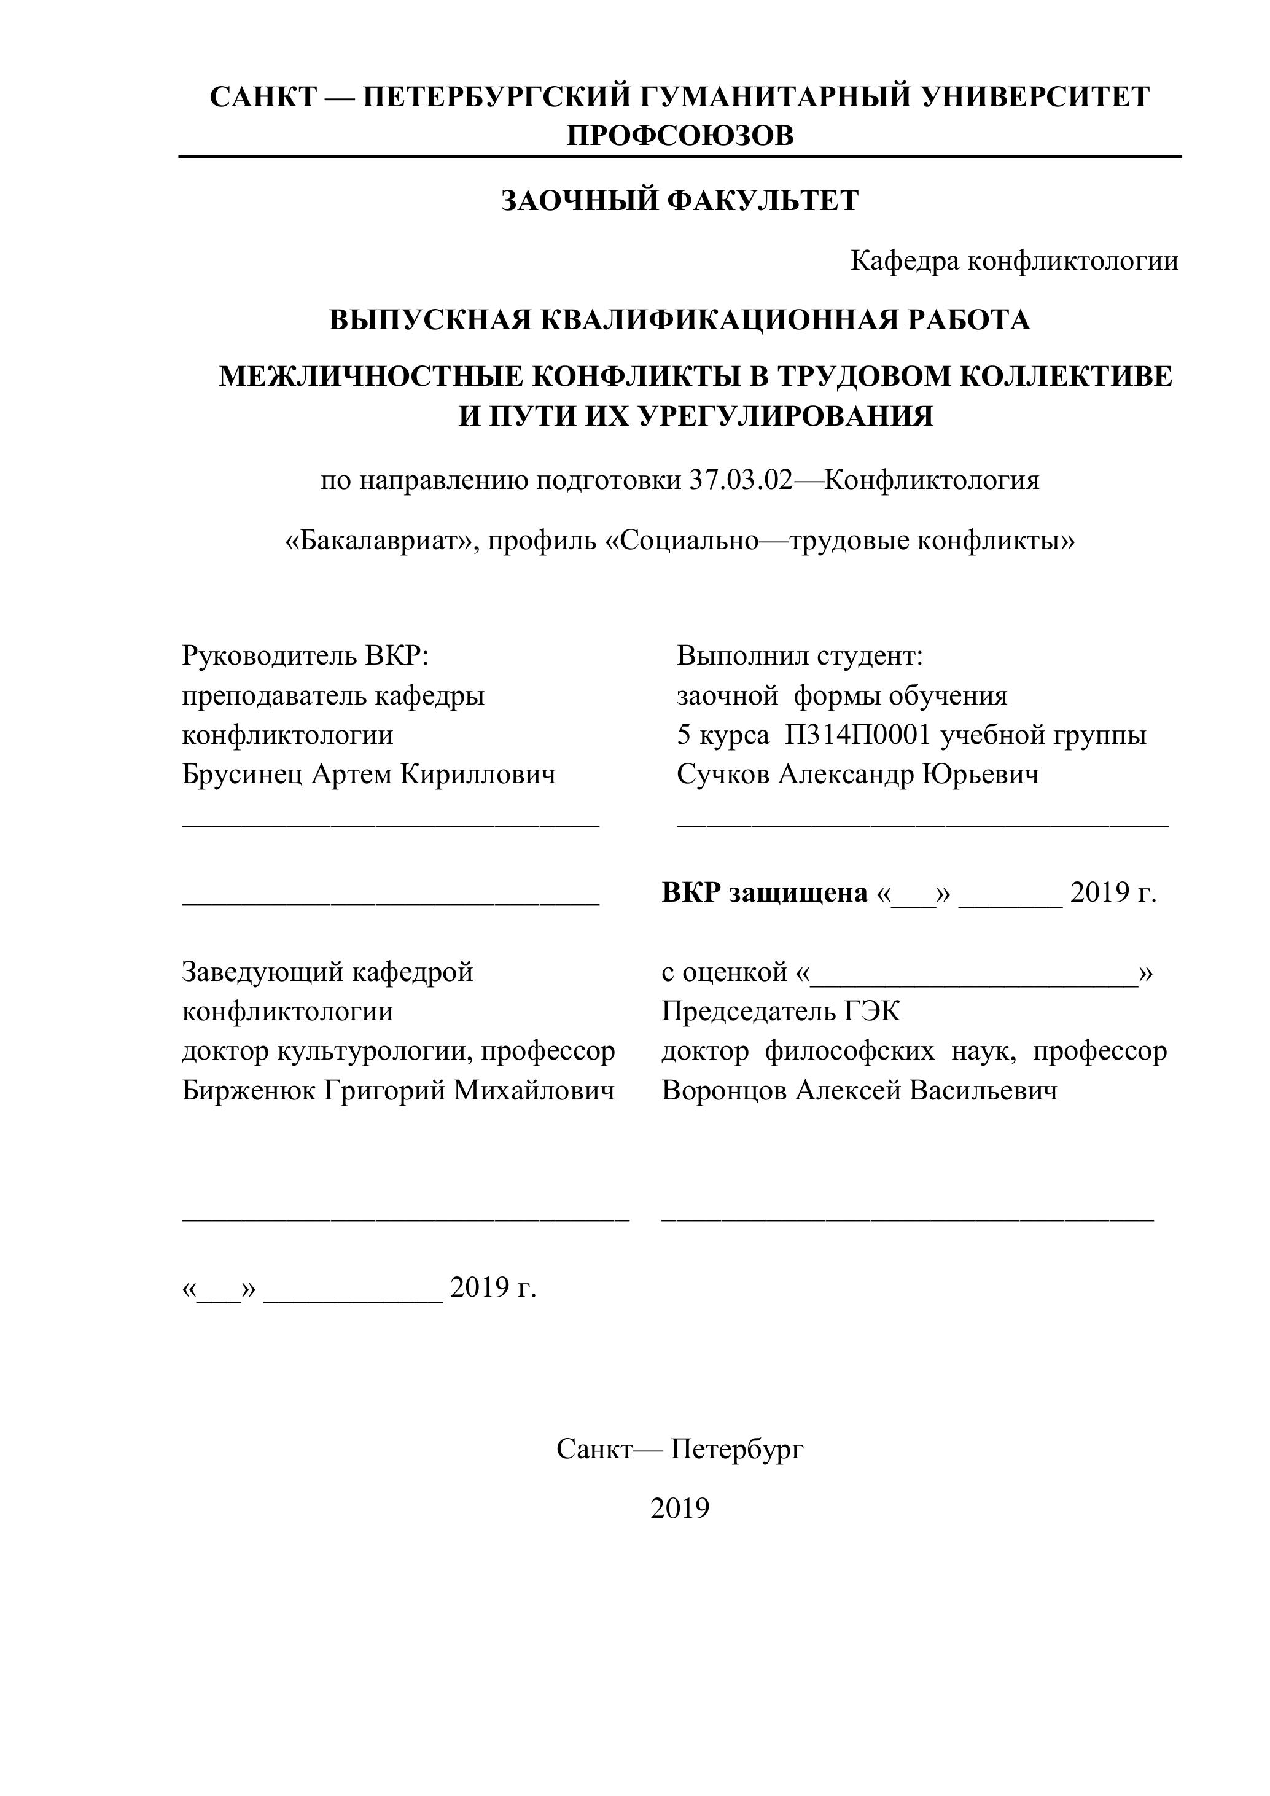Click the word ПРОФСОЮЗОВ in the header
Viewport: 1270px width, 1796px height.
pyautogui.click(x=680, y=136)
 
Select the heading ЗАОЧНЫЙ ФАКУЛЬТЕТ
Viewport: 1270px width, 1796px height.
pyautogui.click(x=680, y=201)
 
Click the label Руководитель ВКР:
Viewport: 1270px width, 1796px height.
pyautogui.click(x=306, y=655)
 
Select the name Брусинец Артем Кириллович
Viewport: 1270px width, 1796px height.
pyautogui.click(x=368, y=775)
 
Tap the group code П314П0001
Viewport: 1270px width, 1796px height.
pyautogui.click(x=859, y=735)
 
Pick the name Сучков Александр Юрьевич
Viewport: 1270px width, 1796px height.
pyautogui.click(x=858, y=775)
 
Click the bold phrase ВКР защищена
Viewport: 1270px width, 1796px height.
pyautogui.click(x=764, y=892)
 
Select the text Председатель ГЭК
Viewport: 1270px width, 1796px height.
pyautogui.click(x=781, y=1012)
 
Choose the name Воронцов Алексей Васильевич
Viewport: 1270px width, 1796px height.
pyautogui.click(x=859, y=1090)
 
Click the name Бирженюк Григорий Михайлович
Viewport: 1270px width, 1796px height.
pyautogui.click(x=398, y=1090)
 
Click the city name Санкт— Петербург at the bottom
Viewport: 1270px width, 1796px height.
pyautogui.click(x=680, y=1450)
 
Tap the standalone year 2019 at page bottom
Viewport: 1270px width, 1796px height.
pyautogui.click(x=680, y=1508)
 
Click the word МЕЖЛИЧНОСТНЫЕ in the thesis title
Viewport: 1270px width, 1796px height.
pyautogui.click(x=371, y=377)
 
